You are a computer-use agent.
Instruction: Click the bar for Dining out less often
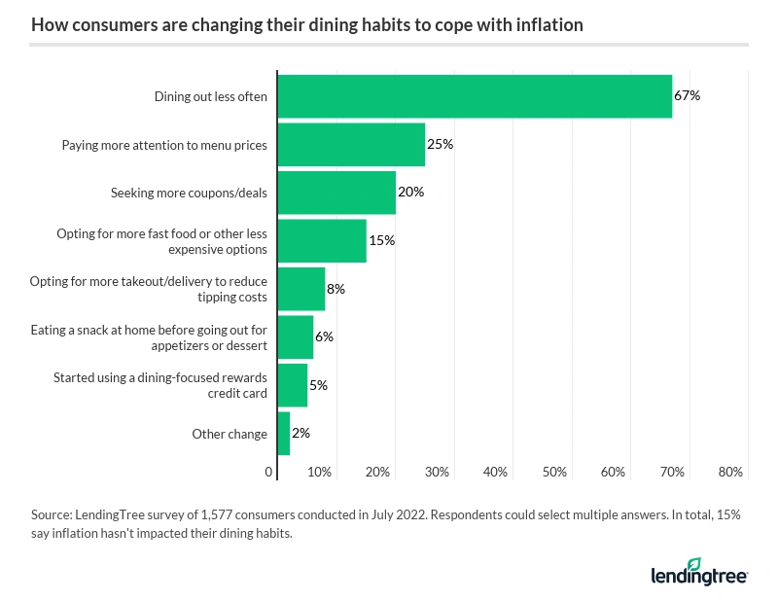pyautogui.click(x=475, y=96)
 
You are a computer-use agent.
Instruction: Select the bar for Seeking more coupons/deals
pyautogui.click(x=336, y=193)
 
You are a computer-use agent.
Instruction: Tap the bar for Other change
pyautogui.click(x=284, y=434)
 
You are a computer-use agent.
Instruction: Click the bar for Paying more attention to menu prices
pyautogui.click(x=351, y=144)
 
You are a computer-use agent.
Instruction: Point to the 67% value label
pyautogui.click(x=687, y=96)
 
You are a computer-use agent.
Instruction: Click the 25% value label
pyautogui.click(x=440, y=144)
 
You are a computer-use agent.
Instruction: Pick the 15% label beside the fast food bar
pyautogui.click(x=381, y=240)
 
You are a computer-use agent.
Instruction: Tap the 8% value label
pyautogui.click(x=336, y=289)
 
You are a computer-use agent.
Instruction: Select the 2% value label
pyautogui.click(x=301, y=434)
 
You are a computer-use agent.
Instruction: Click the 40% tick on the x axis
pyautogui.click(x=496, y=472)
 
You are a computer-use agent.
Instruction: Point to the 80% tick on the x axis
pyautogui.click(x=730, y=472)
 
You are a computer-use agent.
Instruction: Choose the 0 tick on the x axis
pyautogui.click(x=269, y=472)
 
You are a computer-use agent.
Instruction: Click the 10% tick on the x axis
pyautogui.click(x=320, y=472)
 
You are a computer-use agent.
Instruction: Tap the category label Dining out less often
pyautogui.click(x=210, y=96)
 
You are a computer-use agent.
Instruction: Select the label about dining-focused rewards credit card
pyautogui.click(x=159, y=385)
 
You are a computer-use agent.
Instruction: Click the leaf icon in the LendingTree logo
pyautogui.click(x=693, y=565)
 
